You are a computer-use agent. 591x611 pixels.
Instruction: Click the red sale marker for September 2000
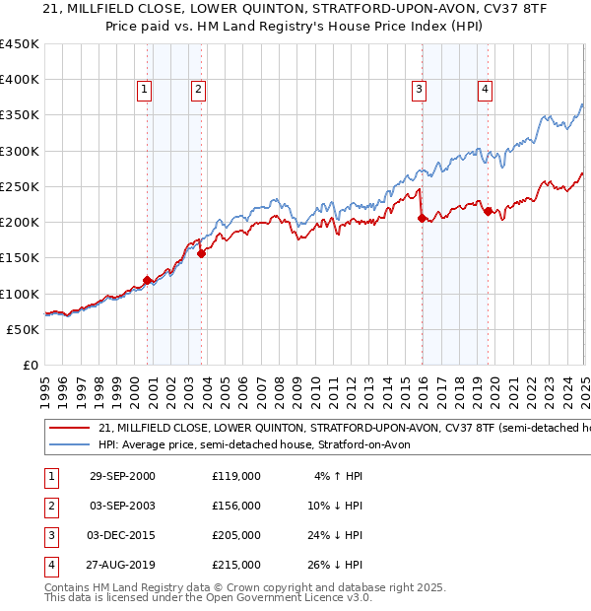[x=148, y=280]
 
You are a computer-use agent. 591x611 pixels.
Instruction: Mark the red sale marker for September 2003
[x=201, y=253]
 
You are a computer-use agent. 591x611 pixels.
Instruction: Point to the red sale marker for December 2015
[x=422, y=219]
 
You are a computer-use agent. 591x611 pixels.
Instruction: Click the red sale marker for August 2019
[x=488, y=212]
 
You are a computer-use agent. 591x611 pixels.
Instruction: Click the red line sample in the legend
[x=68, y=429]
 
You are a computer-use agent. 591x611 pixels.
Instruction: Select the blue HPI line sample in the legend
[x=68, y=445]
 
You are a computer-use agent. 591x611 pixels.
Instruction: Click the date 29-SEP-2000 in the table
[x=122, y=476]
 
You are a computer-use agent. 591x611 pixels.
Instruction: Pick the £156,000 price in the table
[x=235, y=506]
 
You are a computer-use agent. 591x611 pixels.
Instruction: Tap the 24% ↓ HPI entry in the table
[x=339, y=535]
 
